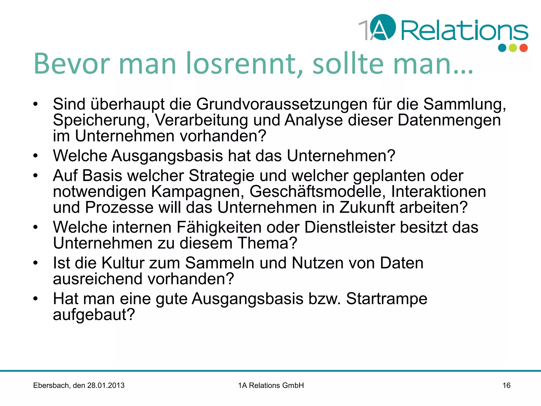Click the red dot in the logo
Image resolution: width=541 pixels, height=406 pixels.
click(x=524, y=48)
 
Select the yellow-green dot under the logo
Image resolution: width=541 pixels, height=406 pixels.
click(x=513, y=48)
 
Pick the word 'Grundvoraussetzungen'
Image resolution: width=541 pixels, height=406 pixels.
click(x=282, y=104)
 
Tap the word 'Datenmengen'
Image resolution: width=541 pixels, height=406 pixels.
click(x=449, y=120)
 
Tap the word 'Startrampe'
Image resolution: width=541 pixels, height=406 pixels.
click(x=386, y=299)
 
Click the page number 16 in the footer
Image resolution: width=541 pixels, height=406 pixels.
click(x=506, y=385)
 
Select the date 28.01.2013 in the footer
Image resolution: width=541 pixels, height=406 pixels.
click(x=106, y=385)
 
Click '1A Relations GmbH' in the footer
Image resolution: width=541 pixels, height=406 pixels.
click(x=271, y=385)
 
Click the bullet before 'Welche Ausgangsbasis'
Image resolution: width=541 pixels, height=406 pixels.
click(x=36, y=156)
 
